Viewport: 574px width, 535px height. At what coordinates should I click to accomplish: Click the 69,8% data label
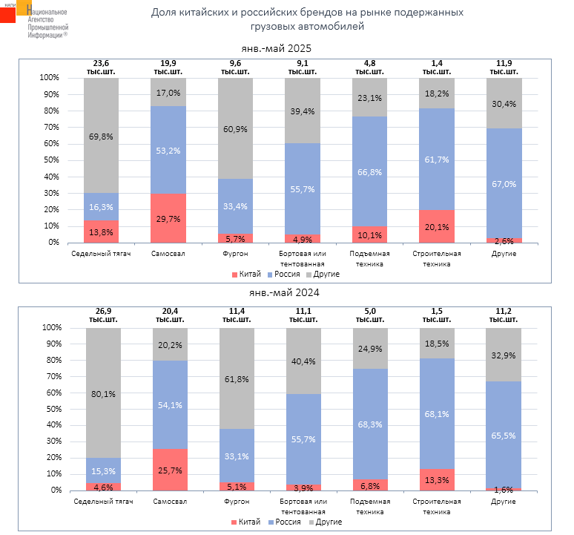tap(101, 138)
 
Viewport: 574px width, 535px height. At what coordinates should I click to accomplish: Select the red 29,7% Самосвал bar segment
tap(168, 218)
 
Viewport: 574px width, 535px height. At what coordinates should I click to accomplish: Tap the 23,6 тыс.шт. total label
tap(101, 68)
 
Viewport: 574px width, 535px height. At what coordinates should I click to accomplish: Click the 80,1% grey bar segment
tap(104, 393)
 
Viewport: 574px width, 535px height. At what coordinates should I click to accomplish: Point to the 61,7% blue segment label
tap(437, 160)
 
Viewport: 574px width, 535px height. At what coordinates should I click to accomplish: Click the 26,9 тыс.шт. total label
tap(103, 317)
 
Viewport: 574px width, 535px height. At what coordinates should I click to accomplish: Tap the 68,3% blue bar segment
tap(369, 424)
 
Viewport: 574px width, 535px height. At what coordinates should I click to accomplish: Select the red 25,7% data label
tap(171, 470)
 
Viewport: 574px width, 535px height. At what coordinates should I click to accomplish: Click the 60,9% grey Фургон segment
tap(235, 128)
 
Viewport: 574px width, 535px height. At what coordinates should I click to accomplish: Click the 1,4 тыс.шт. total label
tap(436, 68)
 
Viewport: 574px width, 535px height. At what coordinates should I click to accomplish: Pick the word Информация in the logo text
tap(44, 34)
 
